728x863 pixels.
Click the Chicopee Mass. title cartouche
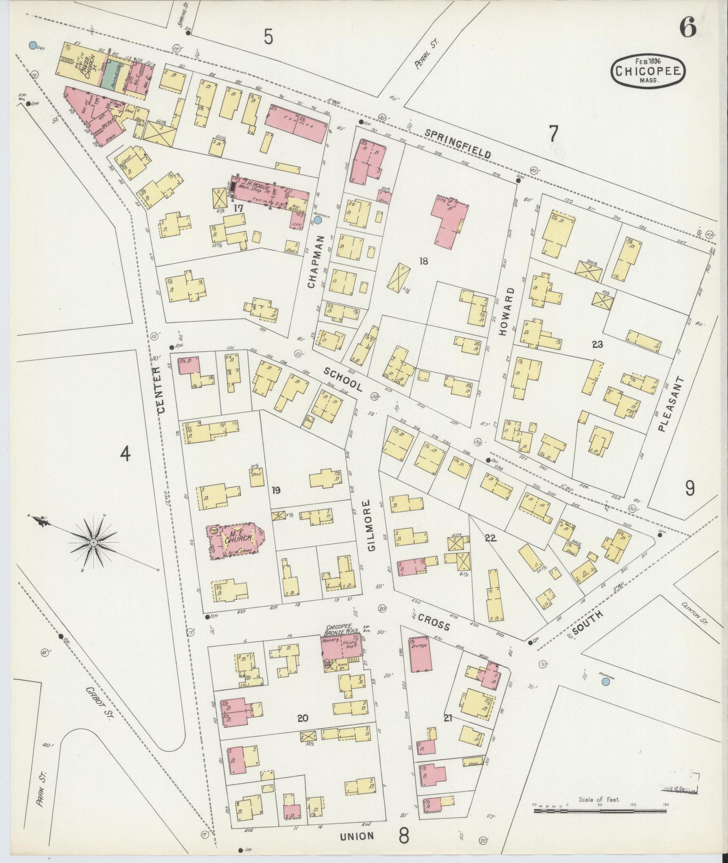(648, 71)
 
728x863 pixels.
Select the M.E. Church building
(236, 540)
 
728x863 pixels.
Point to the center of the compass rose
(93, 542)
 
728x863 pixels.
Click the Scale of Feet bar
(599, 811)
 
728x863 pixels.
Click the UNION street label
(357, 835)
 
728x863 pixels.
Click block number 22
(491, 538)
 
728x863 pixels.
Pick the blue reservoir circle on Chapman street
(318, 220)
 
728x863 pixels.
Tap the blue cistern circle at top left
(32, 45)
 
